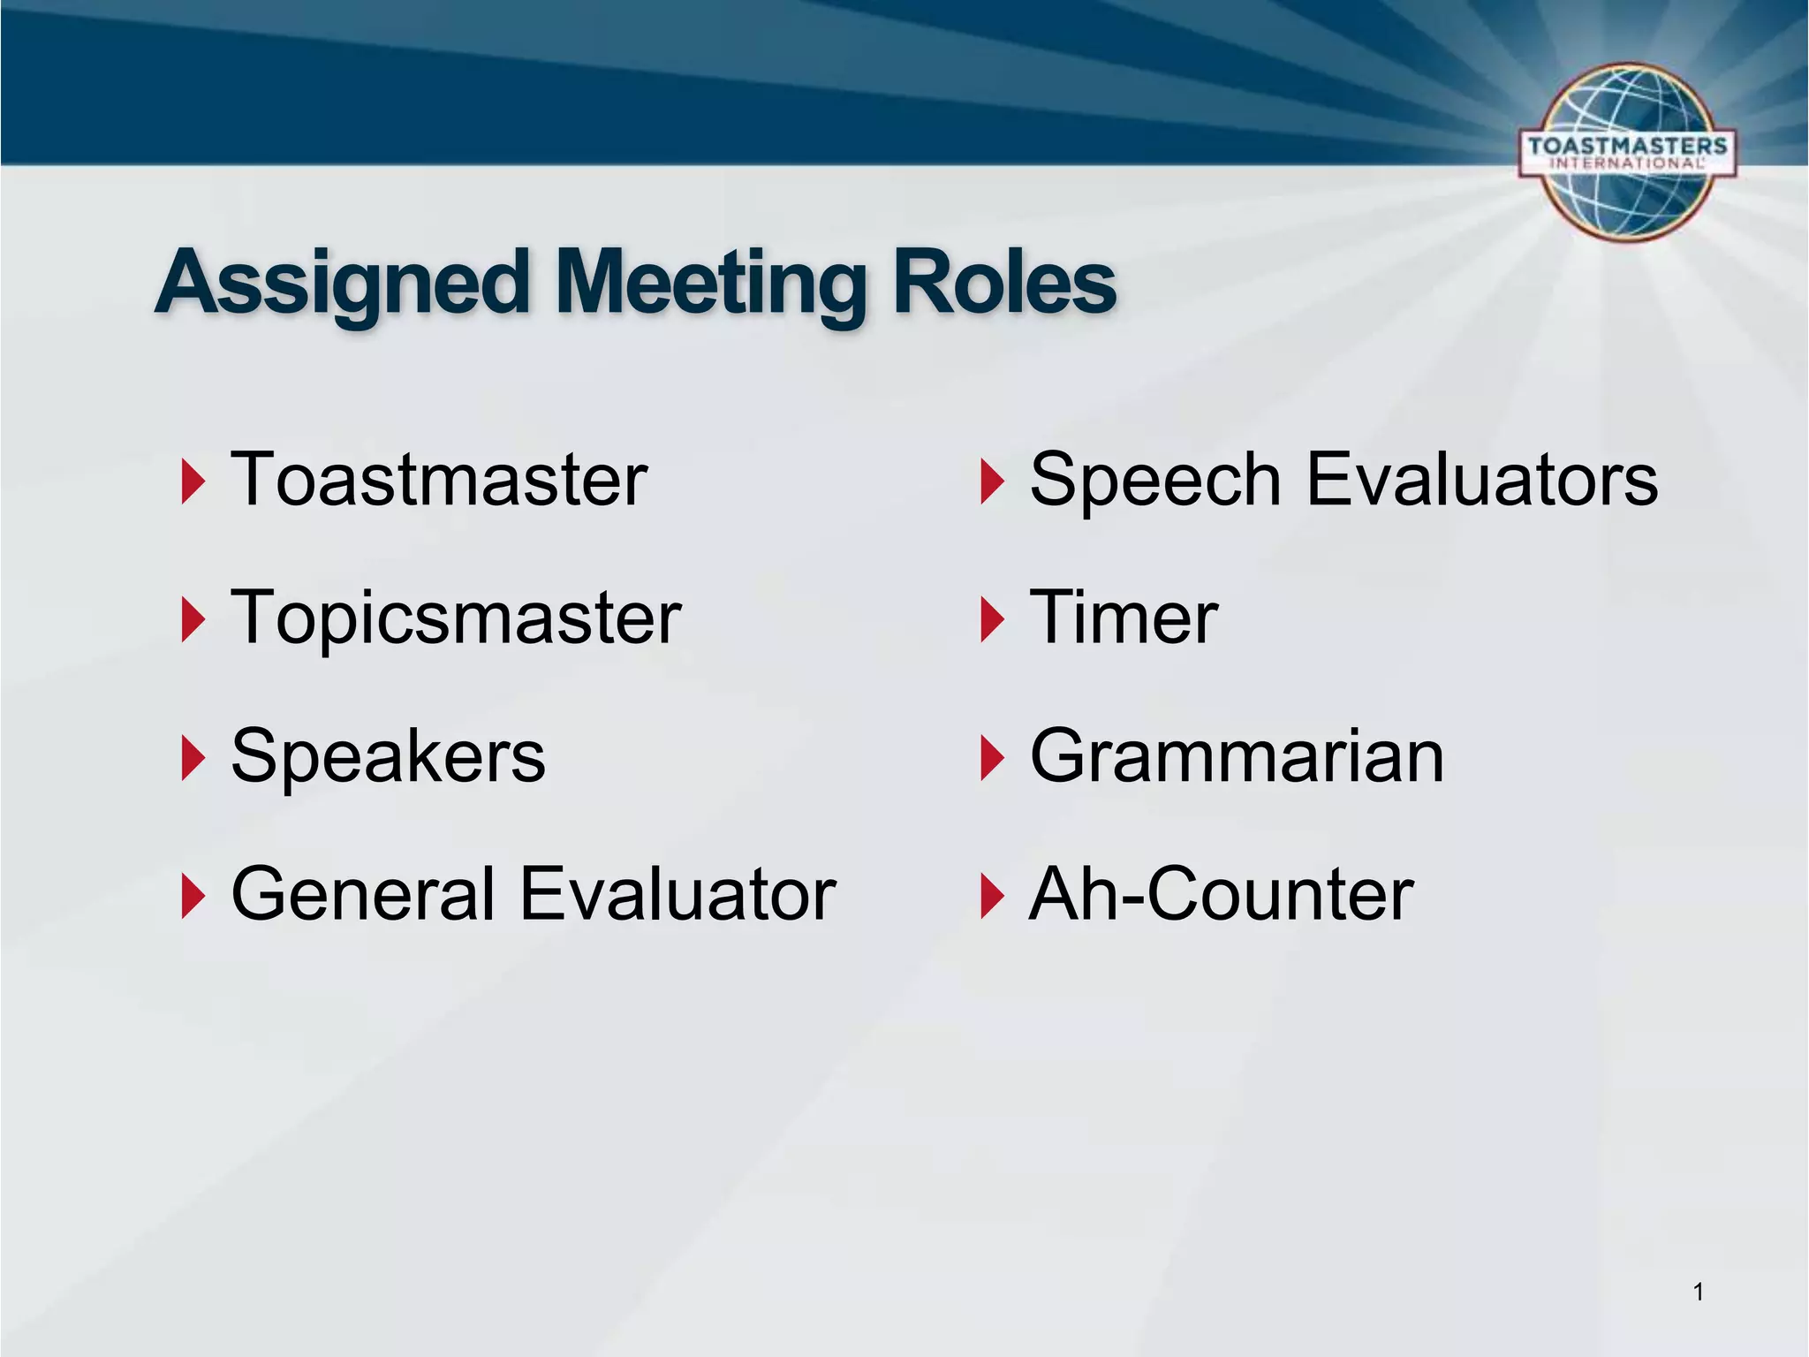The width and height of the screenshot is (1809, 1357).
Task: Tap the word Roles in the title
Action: pos(1004,283)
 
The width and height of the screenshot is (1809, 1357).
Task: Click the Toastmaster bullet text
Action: pos(439,480)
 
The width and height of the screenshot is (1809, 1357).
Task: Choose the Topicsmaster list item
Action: pos(456,618)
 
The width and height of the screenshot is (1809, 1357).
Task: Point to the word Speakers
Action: pos(388,756)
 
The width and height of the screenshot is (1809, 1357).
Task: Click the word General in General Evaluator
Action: pos(363,894)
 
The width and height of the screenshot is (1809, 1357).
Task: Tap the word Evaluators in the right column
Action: pos(1481,480)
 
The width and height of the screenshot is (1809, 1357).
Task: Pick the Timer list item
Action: pos(1124,618)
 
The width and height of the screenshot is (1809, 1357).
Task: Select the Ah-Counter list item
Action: pos(1222,894)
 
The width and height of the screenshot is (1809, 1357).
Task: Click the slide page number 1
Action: pos(1698,1293)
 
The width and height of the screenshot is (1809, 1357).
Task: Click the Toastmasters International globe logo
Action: pos(1627,152)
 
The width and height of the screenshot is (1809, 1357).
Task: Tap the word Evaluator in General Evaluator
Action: pos(677,894)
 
